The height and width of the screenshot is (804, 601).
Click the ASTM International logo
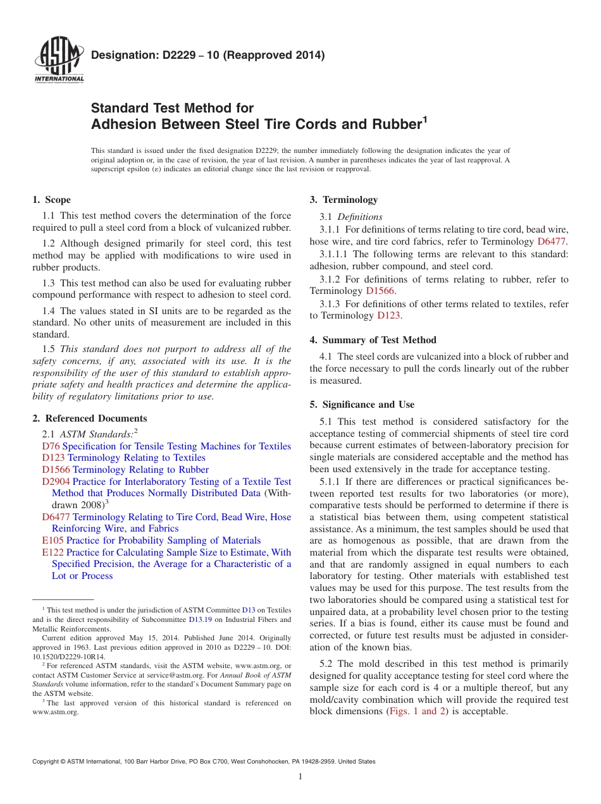[58, 61]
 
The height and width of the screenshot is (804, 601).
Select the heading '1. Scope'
[51, 200]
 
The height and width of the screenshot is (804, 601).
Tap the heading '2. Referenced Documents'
[89, 418]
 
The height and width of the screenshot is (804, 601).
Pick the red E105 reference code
[53, 540]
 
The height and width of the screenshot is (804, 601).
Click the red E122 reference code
[53, 552]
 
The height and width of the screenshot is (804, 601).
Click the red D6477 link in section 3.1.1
[552, 241]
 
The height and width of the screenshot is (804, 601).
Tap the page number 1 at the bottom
[300, 777]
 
